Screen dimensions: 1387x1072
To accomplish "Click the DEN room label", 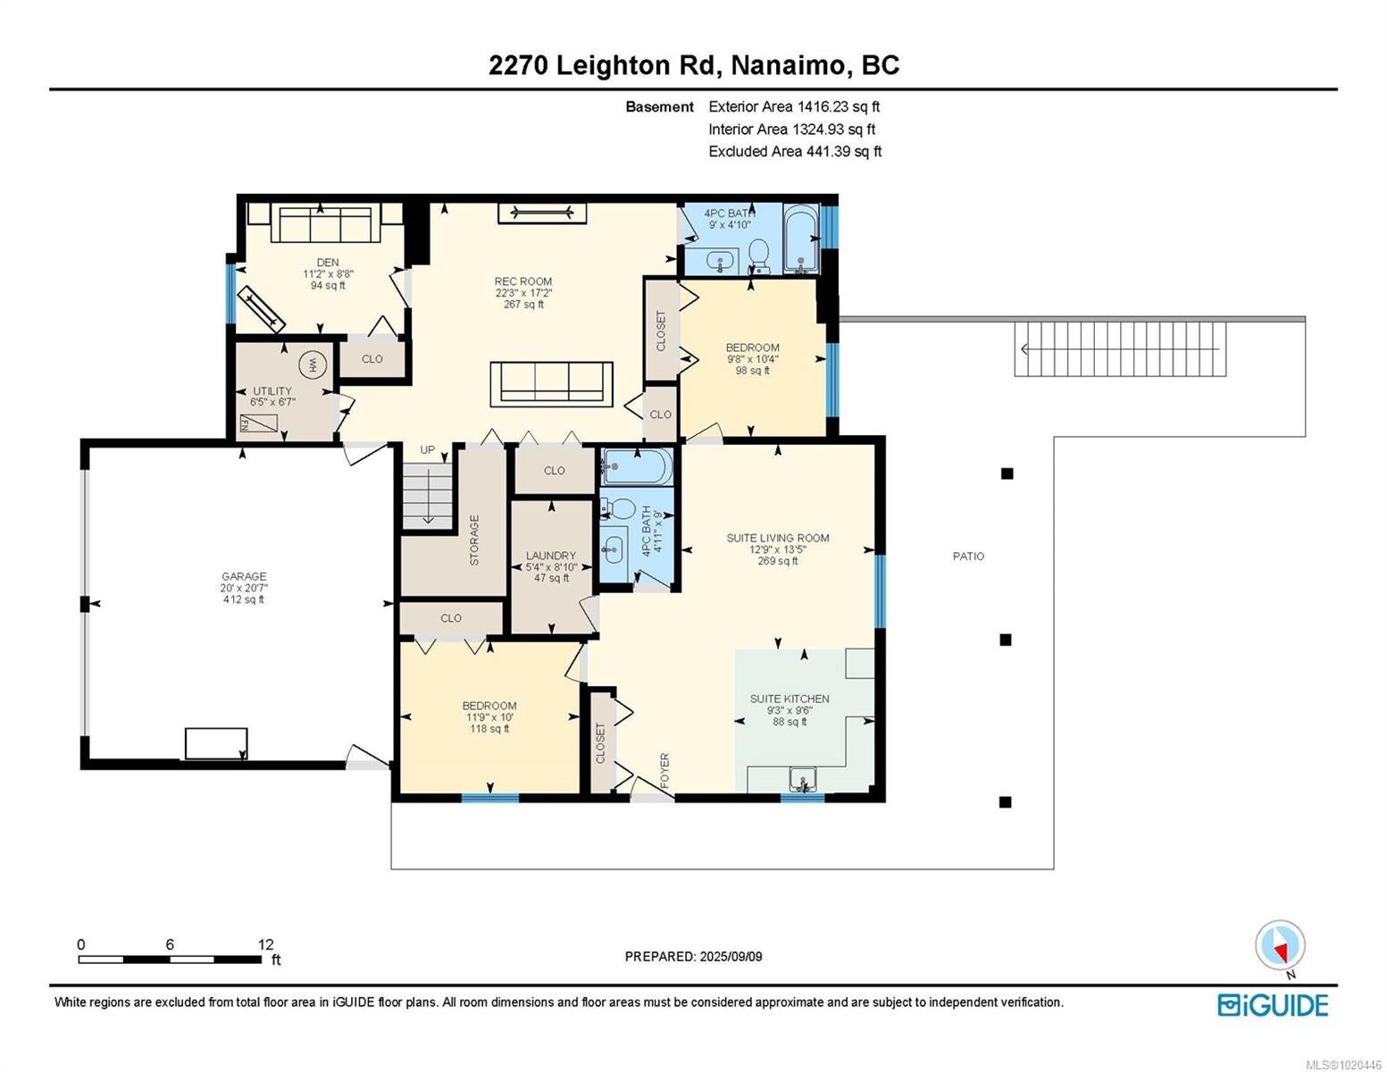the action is coord(328,263).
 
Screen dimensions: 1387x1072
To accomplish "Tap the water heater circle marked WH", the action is coord(313,364).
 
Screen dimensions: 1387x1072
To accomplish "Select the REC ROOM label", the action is coord(522,281).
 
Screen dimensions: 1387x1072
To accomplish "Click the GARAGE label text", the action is coord(244,576).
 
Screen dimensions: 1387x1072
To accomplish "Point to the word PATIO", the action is coord(968,557).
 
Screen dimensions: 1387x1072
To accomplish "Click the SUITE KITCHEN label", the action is coord(790,699).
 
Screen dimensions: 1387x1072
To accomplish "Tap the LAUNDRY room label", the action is coord(551,556).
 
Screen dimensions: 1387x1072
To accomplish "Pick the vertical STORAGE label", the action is coord(474,540).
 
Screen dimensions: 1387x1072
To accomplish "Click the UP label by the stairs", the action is coord(427,449).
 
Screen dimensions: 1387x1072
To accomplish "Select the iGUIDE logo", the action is coord(1273,1005).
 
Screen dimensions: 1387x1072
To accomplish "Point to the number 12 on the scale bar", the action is coord(265,943).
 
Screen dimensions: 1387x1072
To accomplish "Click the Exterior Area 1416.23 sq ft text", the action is coord(794,106).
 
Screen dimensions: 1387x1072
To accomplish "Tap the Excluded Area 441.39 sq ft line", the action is coord(795,151).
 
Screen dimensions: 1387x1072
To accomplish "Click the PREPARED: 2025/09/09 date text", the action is coord(693,957).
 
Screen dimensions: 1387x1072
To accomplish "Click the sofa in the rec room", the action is coord(551,384).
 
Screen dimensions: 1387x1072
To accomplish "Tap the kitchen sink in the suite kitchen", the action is coord(802,780).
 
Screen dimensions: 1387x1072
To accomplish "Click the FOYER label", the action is coord(664,770).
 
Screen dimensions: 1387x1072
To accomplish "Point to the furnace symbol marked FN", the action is coord(258,423).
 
